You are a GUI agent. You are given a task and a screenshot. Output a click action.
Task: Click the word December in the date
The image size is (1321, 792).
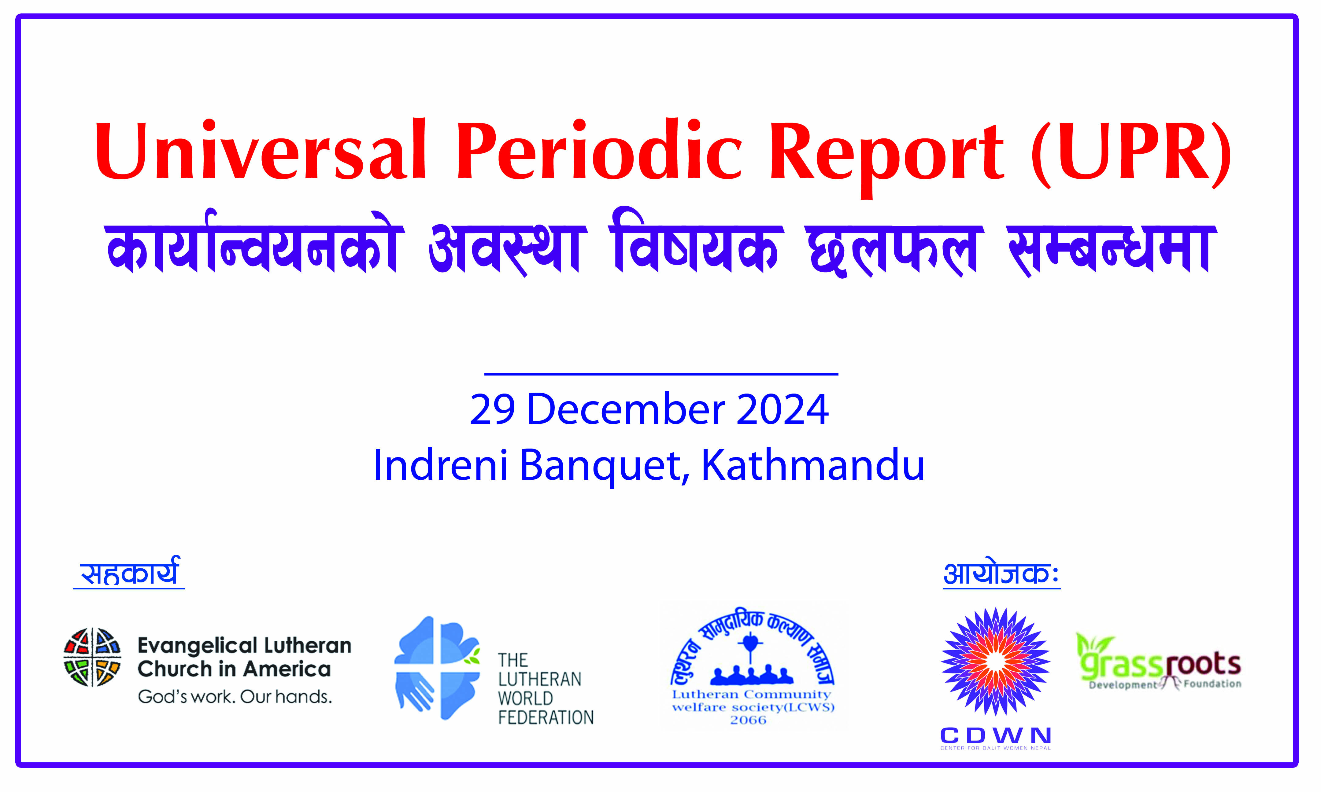point(625,409)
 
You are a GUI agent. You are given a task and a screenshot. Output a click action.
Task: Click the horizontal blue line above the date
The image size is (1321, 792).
point(661,374)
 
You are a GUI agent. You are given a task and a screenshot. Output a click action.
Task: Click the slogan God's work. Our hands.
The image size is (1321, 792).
point(235,696)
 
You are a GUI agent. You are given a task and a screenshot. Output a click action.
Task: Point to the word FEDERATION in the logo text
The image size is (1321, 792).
point(546,717)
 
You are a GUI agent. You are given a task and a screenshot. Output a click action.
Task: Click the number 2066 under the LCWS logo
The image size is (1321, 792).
point(748,720)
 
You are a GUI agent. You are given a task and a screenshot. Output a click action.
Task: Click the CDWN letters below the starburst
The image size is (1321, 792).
point(995,735)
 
